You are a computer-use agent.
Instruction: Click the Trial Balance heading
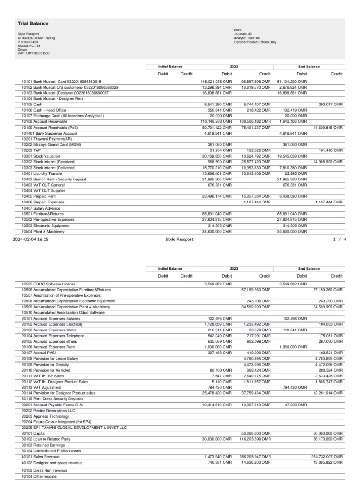tap(33, 23)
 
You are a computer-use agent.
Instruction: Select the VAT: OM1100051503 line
tap(34, 53)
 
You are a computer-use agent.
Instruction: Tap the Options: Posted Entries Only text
tap(255, 42)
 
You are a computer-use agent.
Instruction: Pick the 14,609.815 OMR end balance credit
tap(328, 127)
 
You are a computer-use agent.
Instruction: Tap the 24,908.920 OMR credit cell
tap(328, 162)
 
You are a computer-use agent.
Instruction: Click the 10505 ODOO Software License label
tap(48, 284)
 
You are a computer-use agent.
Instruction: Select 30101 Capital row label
tap(35, 433)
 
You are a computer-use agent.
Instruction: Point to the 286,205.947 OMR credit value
tap(255, 456)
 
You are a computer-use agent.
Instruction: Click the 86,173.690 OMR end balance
tap(328, 439)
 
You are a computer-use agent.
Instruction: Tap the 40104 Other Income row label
tap(39, 476)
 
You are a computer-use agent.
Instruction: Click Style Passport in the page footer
tap(179, 239)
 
